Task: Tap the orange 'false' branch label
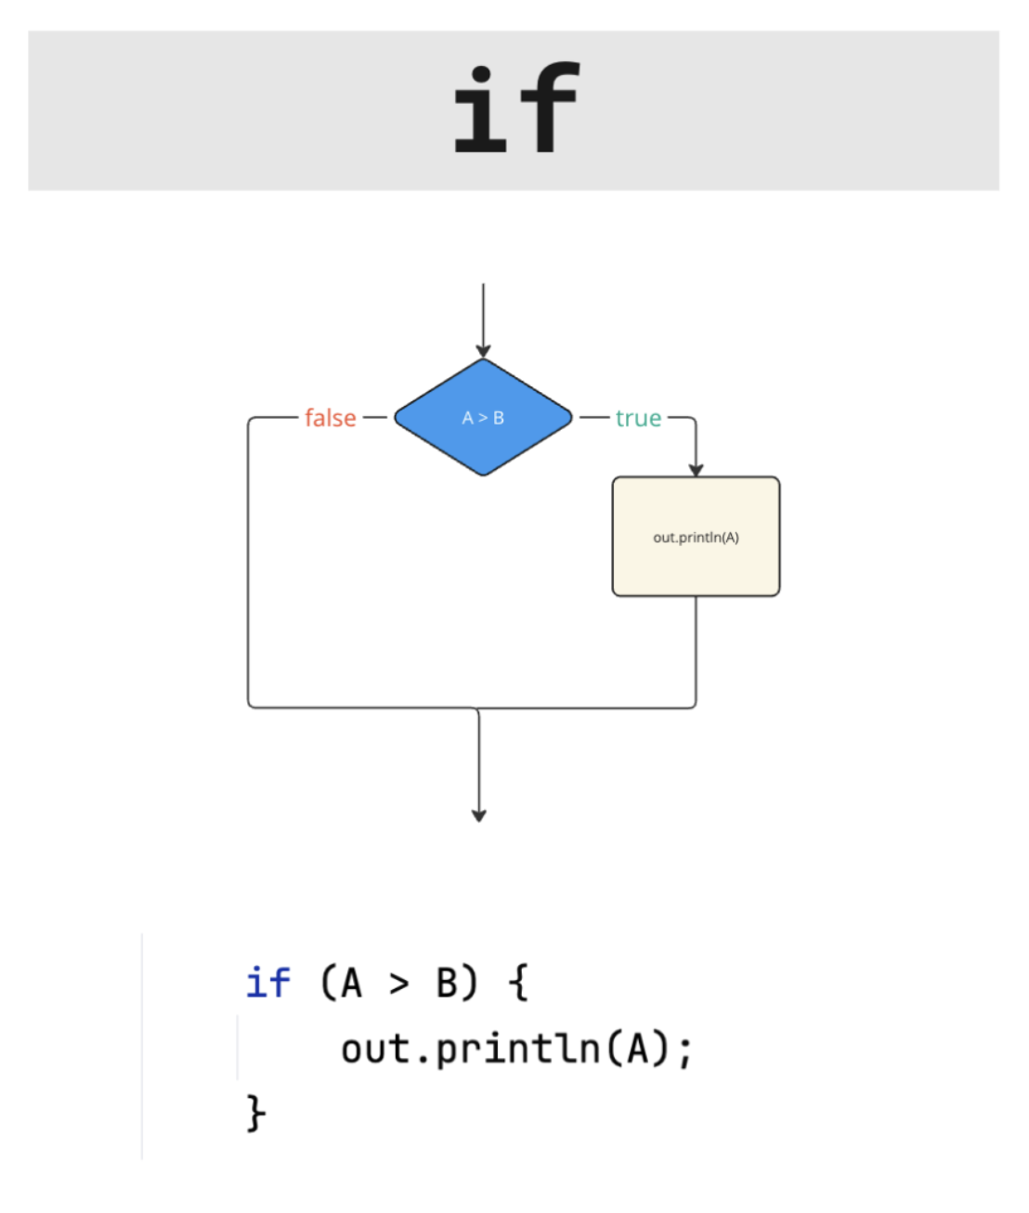(330, 418)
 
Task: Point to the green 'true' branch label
(638, 418)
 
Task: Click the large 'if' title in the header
(516, 108)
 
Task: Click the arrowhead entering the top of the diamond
(483, 351)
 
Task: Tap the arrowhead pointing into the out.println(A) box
(696, 470)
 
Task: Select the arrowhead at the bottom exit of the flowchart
(479, 815)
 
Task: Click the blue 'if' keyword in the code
(267, 983)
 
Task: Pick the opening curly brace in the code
(519, 983)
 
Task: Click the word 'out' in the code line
(375, 1050)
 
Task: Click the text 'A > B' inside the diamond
(483, 418)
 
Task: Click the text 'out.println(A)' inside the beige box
(696, 538)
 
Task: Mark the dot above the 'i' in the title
(481, 74)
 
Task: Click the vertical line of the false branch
(248, 567)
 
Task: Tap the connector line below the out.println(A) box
(696, 650)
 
